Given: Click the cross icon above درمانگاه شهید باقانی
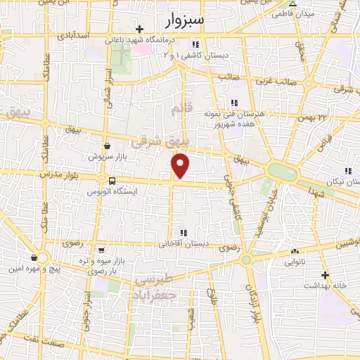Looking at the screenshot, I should pos(140,30).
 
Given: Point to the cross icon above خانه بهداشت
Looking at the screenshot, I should pos(325,275).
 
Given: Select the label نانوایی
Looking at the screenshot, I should pos(294,262).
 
